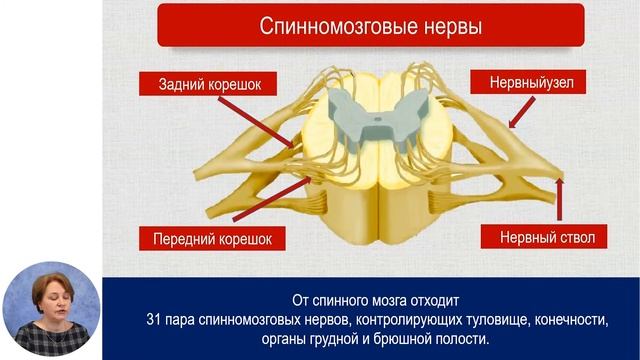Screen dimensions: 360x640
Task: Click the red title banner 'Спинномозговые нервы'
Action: click(370, 25)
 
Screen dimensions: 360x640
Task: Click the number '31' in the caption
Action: click(152, 319)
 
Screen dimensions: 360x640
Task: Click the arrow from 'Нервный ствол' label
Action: click(560, 200)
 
